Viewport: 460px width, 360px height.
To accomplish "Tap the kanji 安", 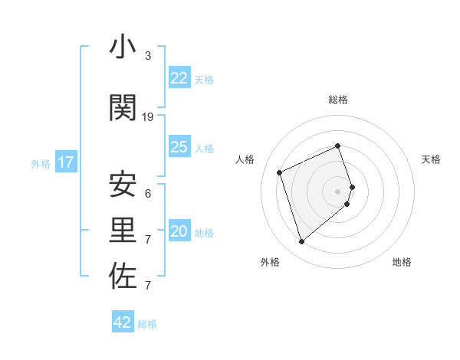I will pos(123,185).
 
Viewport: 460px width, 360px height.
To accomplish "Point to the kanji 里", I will pos(123,231).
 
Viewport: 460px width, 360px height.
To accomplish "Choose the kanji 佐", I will pos(123,277).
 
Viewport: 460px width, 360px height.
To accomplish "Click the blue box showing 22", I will pos(179,78).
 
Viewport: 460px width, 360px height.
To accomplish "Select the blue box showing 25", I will pos(179,147).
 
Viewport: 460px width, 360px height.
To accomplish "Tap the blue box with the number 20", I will pos(179,231).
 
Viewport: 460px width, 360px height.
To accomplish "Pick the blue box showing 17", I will pos(65,162).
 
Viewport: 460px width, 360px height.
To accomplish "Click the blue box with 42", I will pos(123,322).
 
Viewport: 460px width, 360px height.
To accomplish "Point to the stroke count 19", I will pos(148,117).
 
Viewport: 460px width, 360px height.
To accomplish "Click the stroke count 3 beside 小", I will pos(148,56).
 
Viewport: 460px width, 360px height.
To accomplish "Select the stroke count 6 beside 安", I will pos(148,193).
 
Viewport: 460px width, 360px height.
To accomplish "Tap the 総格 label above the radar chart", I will pos(338,100).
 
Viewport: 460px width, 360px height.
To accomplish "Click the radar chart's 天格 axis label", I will pos(431,159).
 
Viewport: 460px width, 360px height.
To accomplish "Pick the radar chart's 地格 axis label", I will pos(402,262).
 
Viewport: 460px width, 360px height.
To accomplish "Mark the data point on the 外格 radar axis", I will pos(301,242).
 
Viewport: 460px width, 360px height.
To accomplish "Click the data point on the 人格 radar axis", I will pos(280,172).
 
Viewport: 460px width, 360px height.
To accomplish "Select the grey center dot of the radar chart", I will pos(338,191).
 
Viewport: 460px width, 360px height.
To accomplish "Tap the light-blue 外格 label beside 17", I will pos(40,163).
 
